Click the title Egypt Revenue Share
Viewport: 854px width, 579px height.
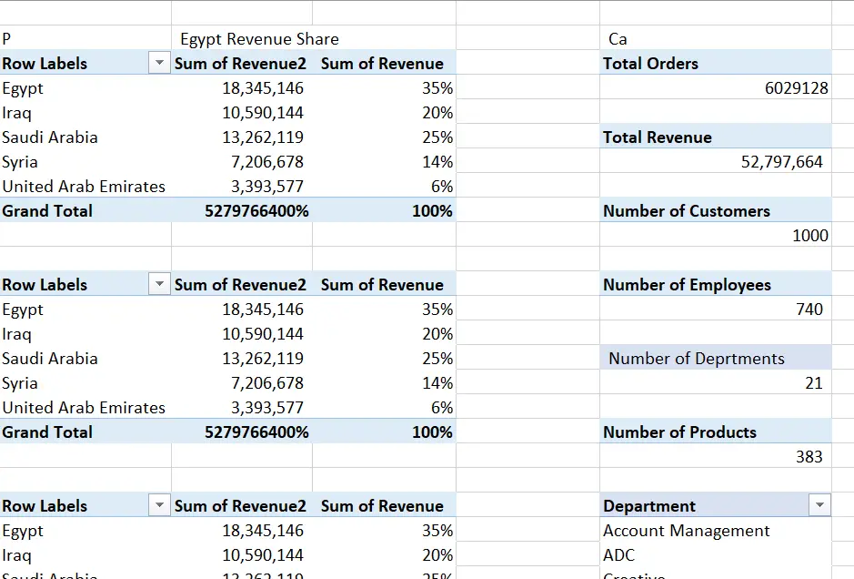pyautogui.click(x=259, y=39)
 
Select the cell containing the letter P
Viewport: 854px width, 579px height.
pyautogui.click(x=7, y=39)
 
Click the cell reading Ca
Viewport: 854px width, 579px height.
pyautogui.click(x=618, y=39)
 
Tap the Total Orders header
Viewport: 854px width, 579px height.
pyautogui.click(x=650, y=64)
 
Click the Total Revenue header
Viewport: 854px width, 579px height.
pyautogui.click(x=657, y=137)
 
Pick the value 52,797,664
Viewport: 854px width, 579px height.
pyautogui.click(x=782, y=162)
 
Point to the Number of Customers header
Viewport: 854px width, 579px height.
pyautogui.click(x=686, y=211)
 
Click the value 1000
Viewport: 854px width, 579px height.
pyautogui.click(x=809, y=236)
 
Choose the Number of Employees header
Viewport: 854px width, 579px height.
pyautogui.click(x=687, y=285)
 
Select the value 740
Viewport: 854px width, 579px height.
pyautogui.click(x=809, y=310)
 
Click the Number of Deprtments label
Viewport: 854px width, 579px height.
pyautogui.click(x=696, y=359)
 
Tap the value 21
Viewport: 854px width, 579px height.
pyautogui.click(x=813, y=383)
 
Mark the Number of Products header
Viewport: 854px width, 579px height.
pyautogui.click(x=679, y=432)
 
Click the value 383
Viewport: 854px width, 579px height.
pyautogui.click(x=809, y=457)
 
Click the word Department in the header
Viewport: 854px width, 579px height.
pyautogui.click(x=648, y=506)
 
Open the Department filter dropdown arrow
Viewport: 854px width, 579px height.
pyautogui.click(x=820, y=505)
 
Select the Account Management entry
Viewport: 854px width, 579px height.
pyautogui.click(x=686, y=531)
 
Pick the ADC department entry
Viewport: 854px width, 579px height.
pyautogui.click(x=618, y=555)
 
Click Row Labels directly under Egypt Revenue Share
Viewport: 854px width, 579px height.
pyautogui.click(x=45, y=64)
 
